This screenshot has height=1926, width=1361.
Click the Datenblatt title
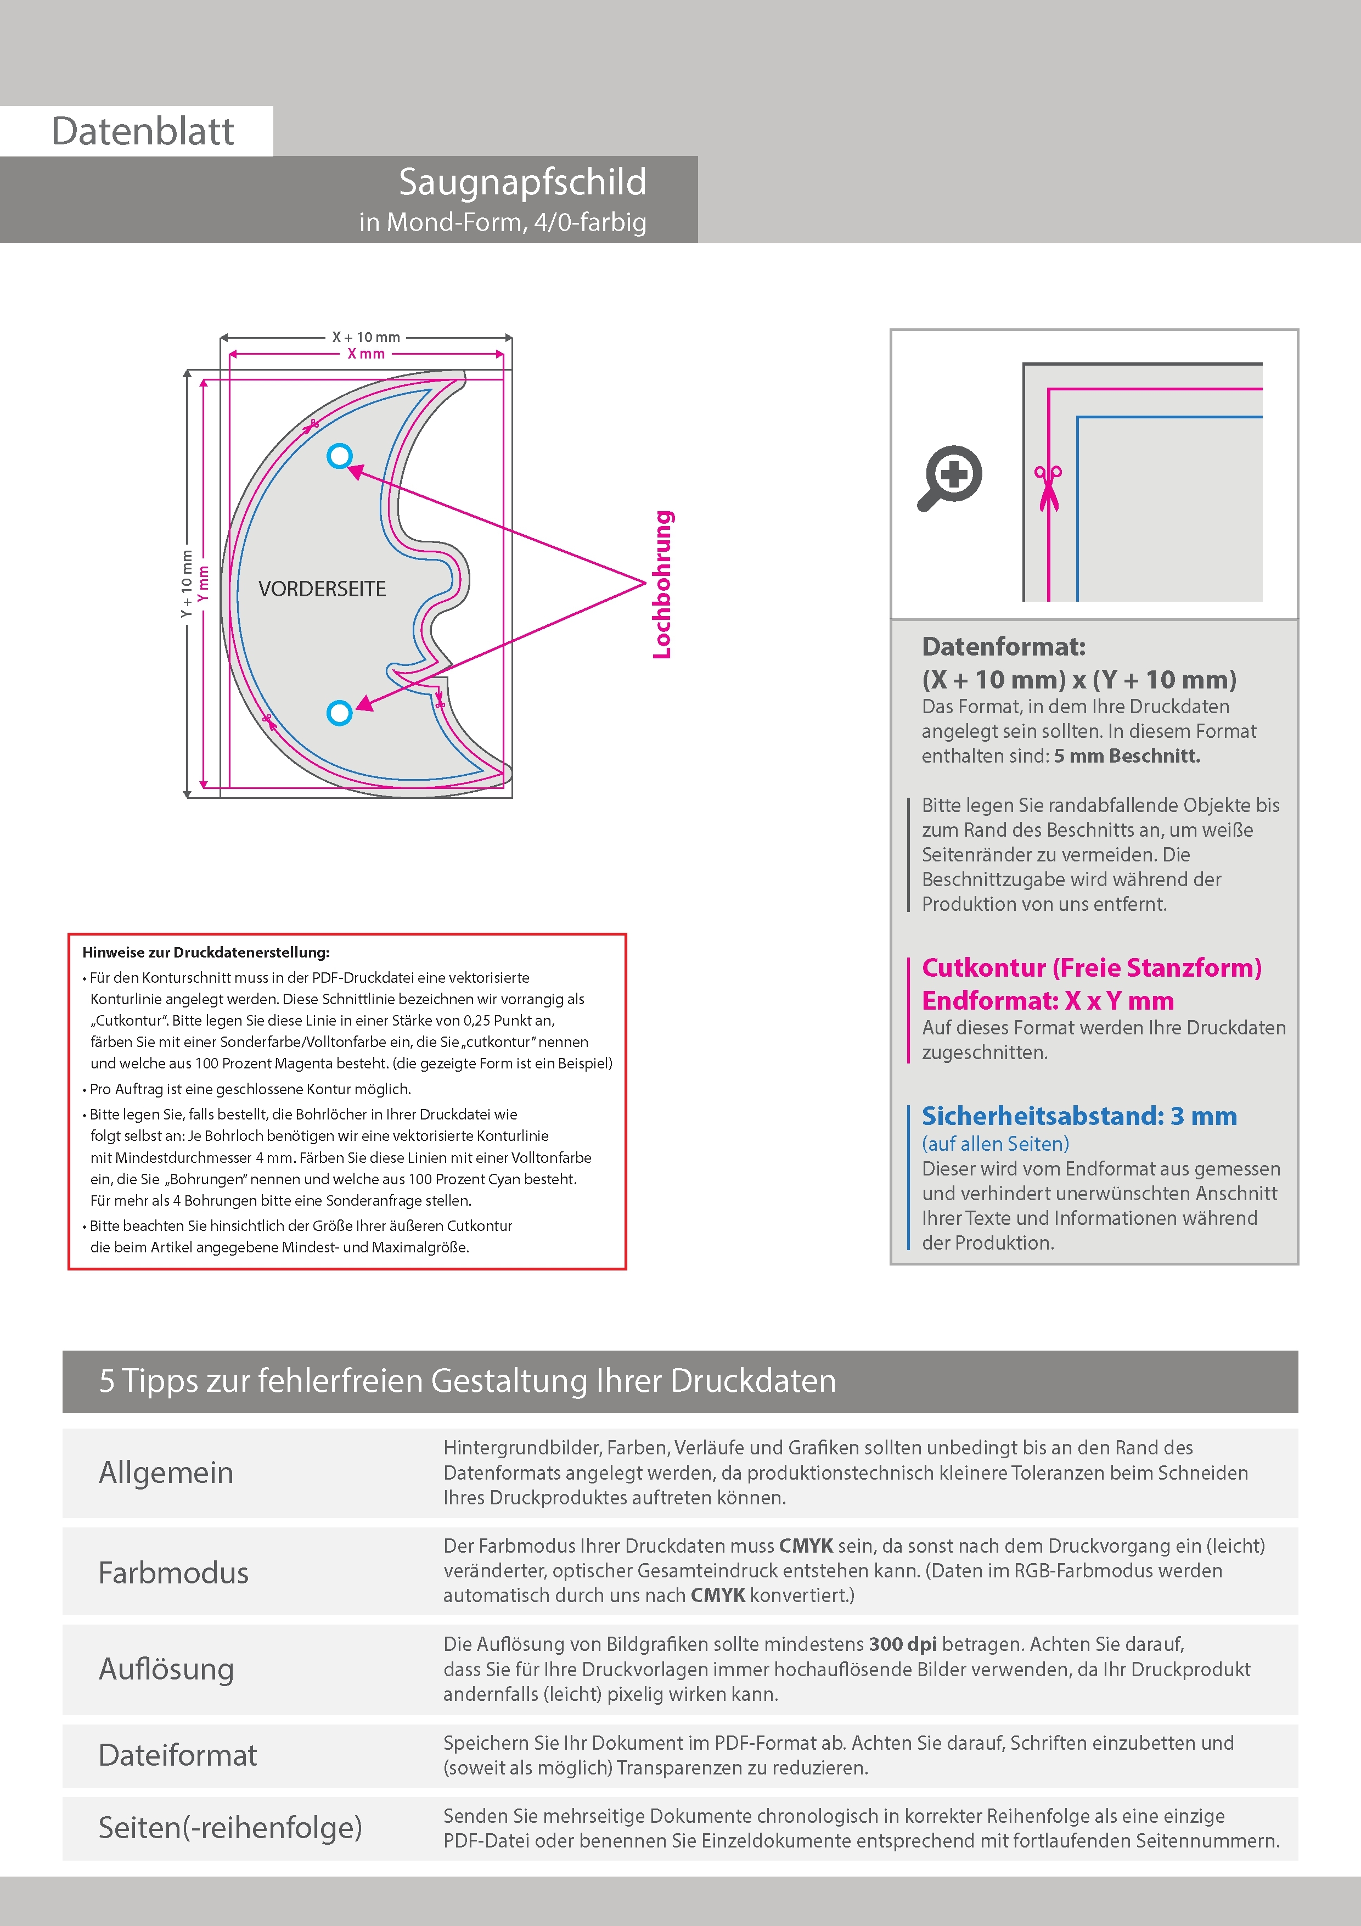(x=143, y=132)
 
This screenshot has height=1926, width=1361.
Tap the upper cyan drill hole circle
(x=340, y=456)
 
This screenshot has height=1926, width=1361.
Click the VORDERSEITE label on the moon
(x=322, y=589)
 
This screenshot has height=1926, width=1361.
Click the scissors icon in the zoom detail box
(x=1048, y=488)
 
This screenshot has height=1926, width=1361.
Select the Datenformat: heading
(x=1003, y=647)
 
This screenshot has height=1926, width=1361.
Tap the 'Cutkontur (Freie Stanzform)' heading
(x=1091, y=968)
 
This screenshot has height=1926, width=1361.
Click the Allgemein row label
(x=166, y=1472)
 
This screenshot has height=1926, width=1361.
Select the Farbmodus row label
(x=173, y=1572)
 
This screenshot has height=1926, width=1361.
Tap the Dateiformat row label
(x=178, y=1755)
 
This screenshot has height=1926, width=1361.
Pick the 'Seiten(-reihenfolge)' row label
(x=230, y=1827)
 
